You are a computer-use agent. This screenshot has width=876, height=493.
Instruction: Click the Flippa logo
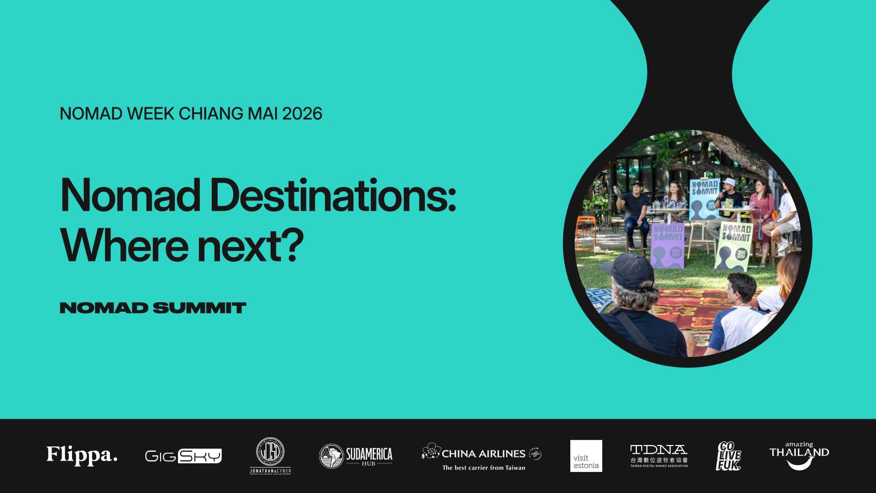(82, 455)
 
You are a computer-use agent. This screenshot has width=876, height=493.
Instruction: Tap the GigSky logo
(183, 456)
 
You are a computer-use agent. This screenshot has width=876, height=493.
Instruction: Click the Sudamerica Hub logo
(355, 456)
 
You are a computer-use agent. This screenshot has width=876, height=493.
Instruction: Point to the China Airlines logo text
(483, 453)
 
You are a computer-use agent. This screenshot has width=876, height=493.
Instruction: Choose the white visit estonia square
(586, 456)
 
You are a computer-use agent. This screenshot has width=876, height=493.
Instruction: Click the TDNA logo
(658, 455)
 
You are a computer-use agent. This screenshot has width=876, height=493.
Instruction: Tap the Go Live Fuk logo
(728, 456)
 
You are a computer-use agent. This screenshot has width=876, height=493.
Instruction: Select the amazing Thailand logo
(799, 455)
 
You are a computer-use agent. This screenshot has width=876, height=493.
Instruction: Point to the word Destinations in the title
(333, 195)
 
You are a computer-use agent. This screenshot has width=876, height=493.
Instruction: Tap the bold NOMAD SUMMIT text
(153, 308)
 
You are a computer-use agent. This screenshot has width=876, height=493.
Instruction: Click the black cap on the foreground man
(631, 272)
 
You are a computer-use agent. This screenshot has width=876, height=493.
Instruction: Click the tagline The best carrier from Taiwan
(484, 467)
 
